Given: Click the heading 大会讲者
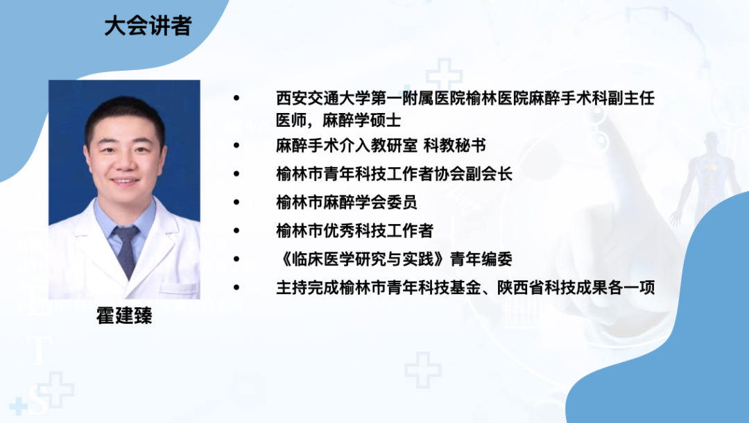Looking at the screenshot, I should point(148,26).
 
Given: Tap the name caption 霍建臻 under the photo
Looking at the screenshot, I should point(124,317).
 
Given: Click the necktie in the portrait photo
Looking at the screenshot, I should point(126,250).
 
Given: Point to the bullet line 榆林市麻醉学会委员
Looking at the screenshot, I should point(346,202).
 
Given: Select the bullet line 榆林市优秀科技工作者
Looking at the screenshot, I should point(354,230).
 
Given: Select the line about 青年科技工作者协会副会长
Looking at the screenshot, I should point(394,174).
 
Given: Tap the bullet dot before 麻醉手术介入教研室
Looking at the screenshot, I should point(237,146).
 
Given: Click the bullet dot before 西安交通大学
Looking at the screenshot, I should point(237,99).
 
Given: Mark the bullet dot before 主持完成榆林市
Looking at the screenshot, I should point(237,287).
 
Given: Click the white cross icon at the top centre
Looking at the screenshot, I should point(444,76).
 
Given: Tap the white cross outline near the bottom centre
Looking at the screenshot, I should point(422,369).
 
